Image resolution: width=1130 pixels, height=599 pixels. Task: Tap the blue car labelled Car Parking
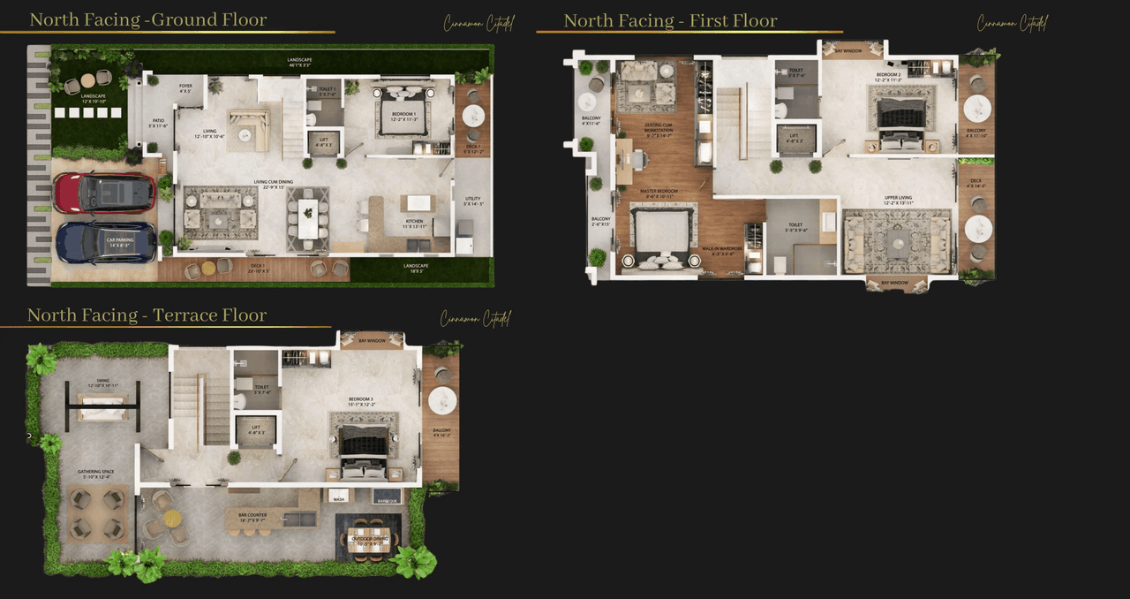(106, 242)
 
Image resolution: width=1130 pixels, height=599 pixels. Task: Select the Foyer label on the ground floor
(185, 87)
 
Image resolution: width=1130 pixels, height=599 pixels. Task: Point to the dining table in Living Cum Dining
(307, 218)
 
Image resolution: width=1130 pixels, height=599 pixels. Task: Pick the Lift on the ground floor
(324, 142)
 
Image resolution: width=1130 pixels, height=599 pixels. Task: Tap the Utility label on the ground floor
(473, 202)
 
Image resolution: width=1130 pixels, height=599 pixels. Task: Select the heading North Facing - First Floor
(670, 20)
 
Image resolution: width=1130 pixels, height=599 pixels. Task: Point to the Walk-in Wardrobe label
(718, 250)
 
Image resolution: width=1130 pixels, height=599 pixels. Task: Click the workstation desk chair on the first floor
(638, 160)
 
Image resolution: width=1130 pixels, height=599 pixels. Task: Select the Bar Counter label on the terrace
(252, 515)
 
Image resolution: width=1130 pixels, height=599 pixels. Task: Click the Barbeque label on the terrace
(387, 499)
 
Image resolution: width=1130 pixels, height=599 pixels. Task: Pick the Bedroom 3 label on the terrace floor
(360, 400)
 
